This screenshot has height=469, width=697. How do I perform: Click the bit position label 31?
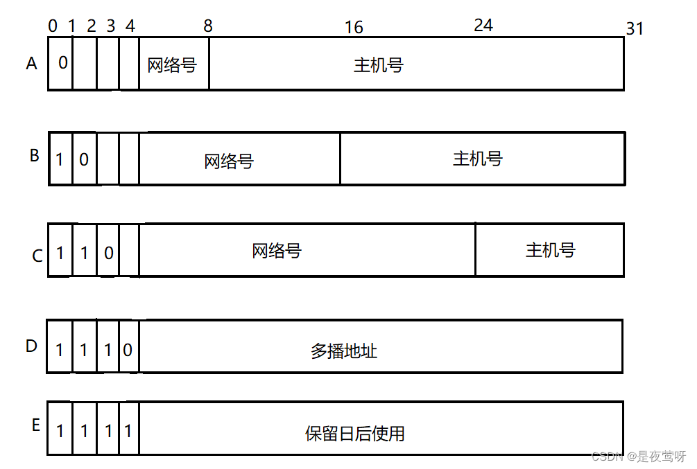[635, 28]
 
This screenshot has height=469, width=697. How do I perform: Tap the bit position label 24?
[483, 26]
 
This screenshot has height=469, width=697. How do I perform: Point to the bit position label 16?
[354, 27]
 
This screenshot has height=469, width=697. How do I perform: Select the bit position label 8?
[208, 26]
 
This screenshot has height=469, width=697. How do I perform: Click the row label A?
[31, 64]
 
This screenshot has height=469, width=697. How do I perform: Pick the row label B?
[34, 155]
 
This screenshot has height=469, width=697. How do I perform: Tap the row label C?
[37, 256]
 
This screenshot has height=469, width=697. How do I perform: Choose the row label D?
[31, 346]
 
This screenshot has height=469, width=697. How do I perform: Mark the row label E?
[35, 425]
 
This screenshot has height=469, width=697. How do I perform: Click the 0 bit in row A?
[62, 63]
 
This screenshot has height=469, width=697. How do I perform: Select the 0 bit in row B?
[84, 159]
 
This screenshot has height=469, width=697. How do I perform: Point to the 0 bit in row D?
[128, 350]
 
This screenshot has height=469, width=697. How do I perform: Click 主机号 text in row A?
[379, 65]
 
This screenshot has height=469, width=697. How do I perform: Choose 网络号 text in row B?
[229, 161]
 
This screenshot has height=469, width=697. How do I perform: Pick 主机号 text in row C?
[551, 249]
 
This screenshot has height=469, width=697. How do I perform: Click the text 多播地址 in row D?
[344, 351]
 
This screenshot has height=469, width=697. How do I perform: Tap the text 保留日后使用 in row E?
[355, 434]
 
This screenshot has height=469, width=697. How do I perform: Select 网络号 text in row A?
[172, 65]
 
